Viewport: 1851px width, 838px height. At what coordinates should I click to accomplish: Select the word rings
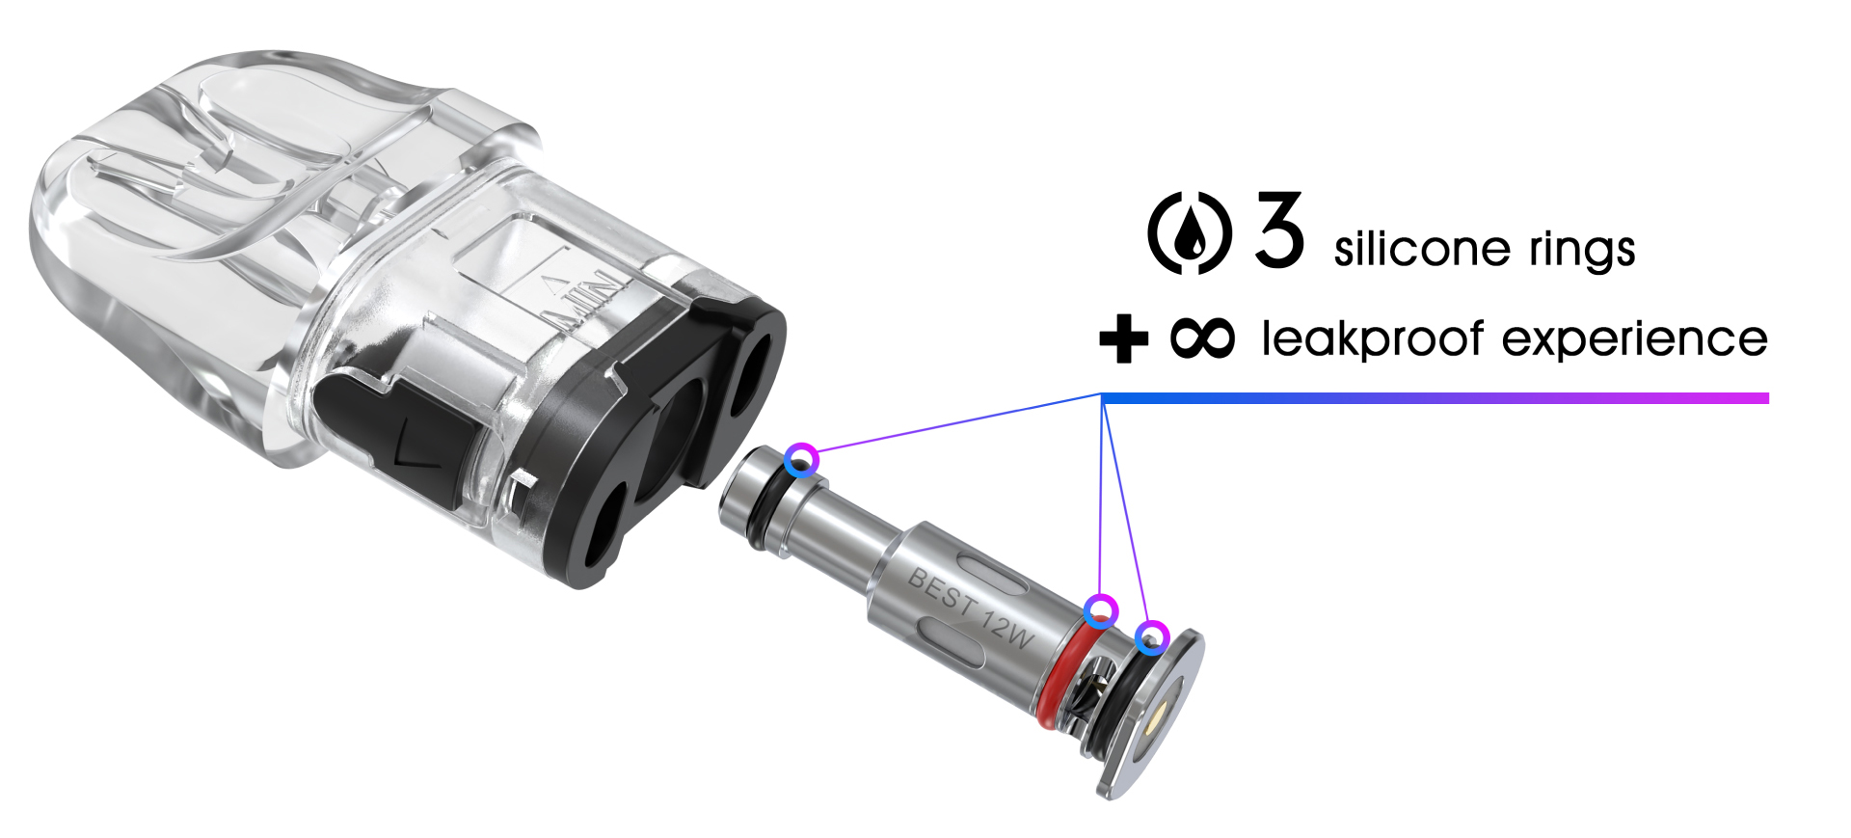tap(1582, 249)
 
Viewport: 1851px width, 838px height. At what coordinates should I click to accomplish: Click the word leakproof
tap(1372, 339)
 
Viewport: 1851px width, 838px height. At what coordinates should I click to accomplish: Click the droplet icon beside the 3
tap(1190, 233)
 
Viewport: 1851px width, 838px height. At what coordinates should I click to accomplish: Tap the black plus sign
tap(1123, 338)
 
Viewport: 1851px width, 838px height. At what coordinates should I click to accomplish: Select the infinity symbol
tap(1201, 338)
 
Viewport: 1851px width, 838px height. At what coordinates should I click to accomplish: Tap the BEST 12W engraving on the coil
tap(970, 606)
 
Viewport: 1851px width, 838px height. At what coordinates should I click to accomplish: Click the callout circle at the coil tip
tap(801, 460)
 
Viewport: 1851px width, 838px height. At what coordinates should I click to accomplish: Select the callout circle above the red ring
tap(1100, 611)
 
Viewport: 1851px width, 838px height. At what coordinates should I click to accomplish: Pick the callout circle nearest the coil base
tap(1152, 637)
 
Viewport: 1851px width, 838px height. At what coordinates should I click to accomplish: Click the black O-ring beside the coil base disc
tap(1118, 699)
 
